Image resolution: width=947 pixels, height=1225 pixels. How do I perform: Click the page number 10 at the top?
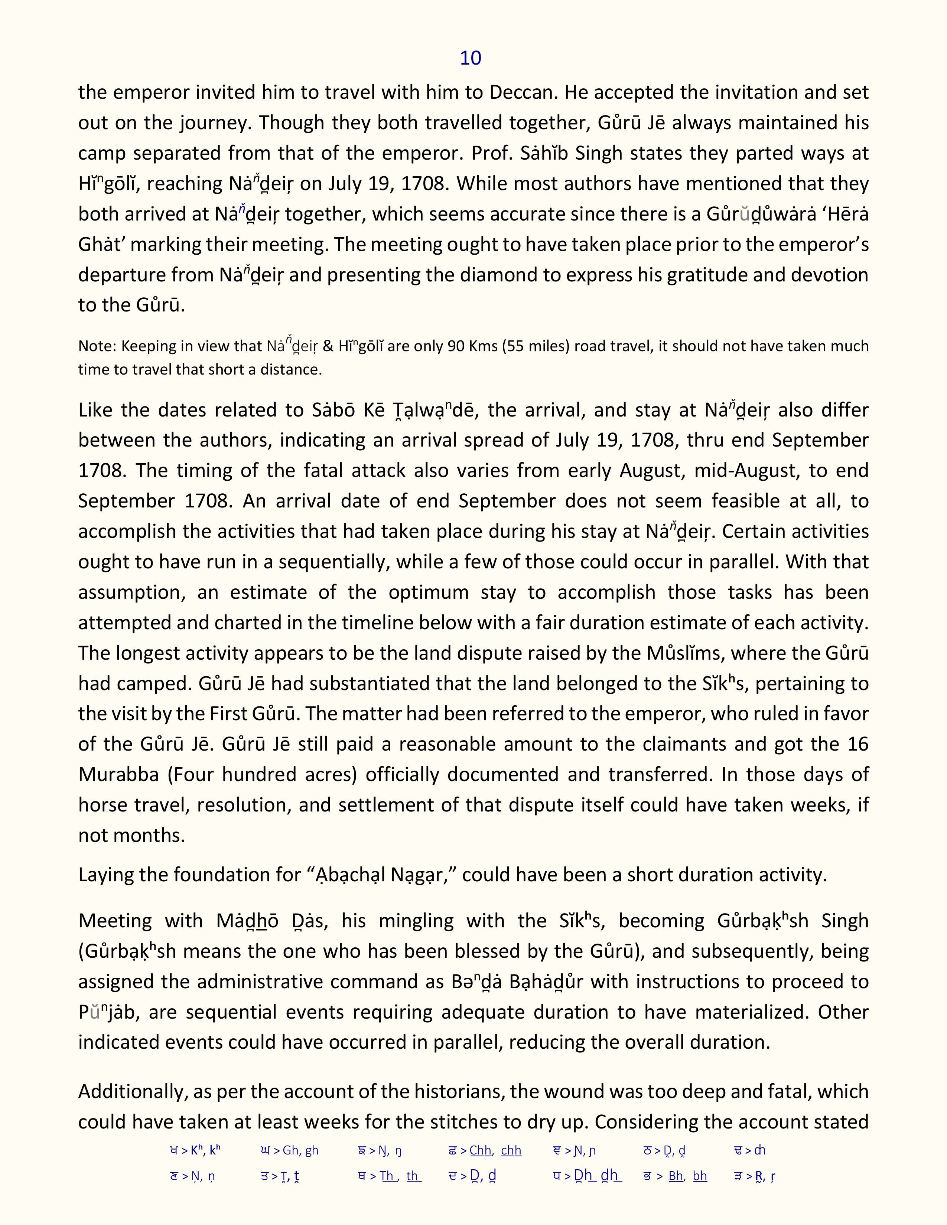coord(470,58)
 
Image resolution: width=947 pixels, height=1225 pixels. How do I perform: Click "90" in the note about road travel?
coord(455,346)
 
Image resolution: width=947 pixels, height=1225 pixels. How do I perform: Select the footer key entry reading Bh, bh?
coord(687,1176)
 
